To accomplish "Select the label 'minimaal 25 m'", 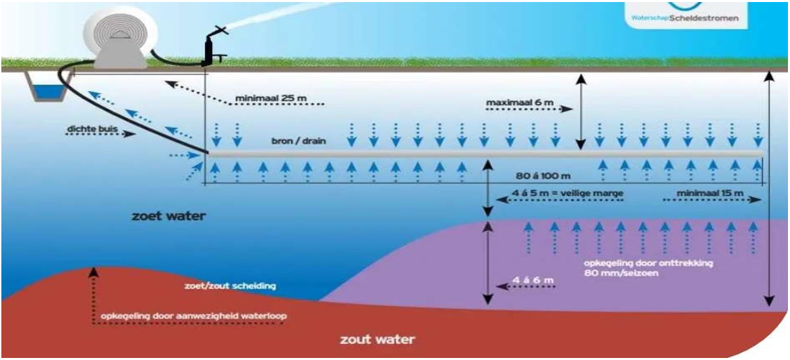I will [x=270, y=99].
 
